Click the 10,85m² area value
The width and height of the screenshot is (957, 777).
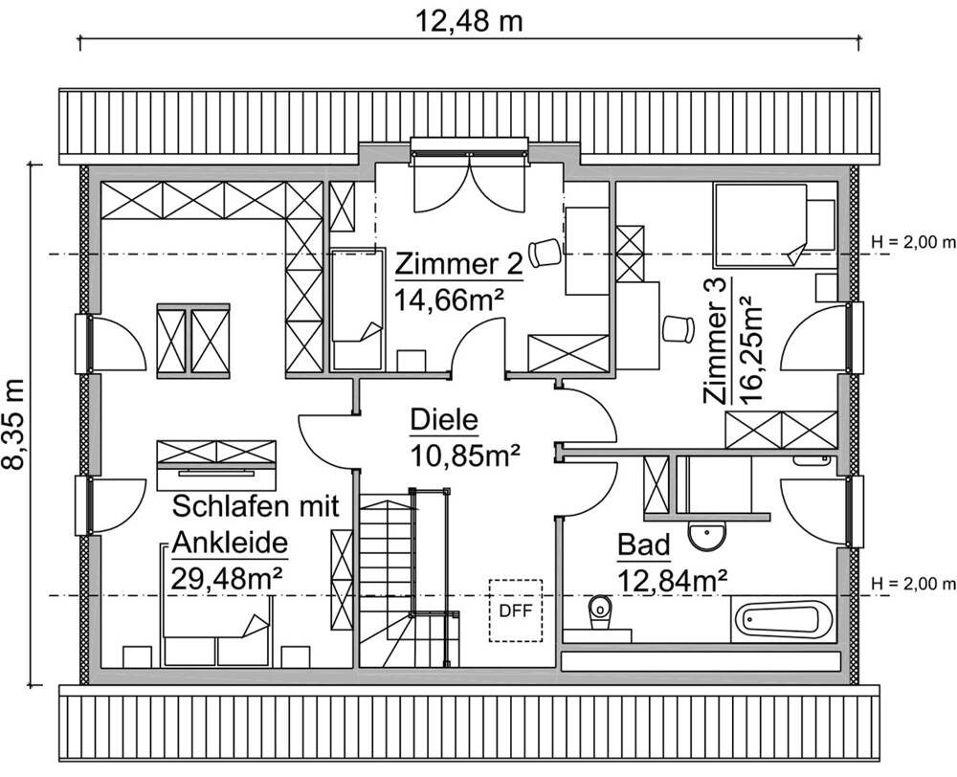coord(465,455)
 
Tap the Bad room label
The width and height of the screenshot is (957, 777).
coord(643,545)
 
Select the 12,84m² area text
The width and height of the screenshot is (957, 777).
coord(673,579)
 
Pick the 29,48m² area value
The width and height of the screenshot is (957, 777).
coord(227,577)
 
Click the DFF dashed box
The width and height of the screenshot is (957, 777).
coord(515,610)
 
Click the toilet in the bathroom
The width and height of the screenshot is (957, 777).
coord(600,608)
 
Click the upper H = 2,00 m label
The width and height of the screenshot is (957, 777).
coord(913,240)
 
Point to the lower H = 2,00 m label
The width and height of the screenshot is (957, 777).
coord(913,583)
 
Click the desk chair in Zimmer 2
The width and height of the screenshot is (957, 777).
coord(545,252)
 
